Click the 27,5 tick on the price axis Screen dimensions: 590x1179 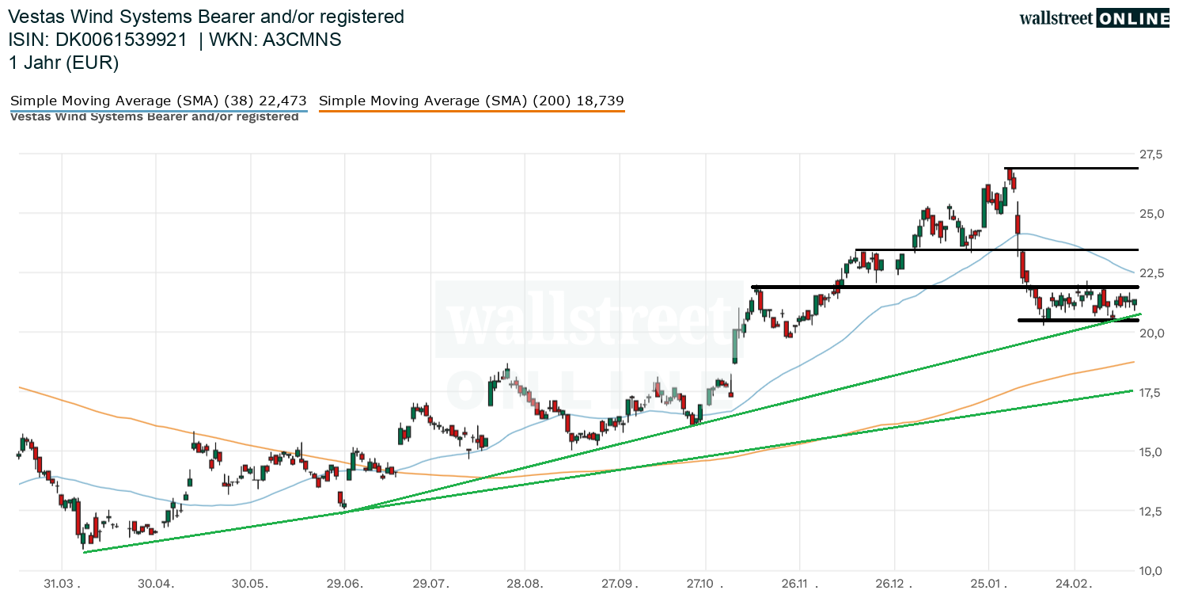point(1152,154)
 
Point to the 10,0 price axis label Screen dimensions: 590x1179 point(1152,571)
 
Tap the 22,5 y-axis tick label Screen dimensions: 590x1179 point(1152,273)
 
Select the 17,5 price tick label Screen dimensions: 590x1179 point(1152,393)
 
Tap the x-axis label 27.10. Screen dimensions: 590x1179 point(708,583)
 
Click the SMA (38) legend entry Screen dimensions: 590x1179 point(157,101)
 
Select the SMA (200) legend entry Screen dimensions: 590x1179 point(471,101)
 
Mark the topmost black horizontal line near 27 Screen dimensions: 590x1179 point(1072,169)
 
